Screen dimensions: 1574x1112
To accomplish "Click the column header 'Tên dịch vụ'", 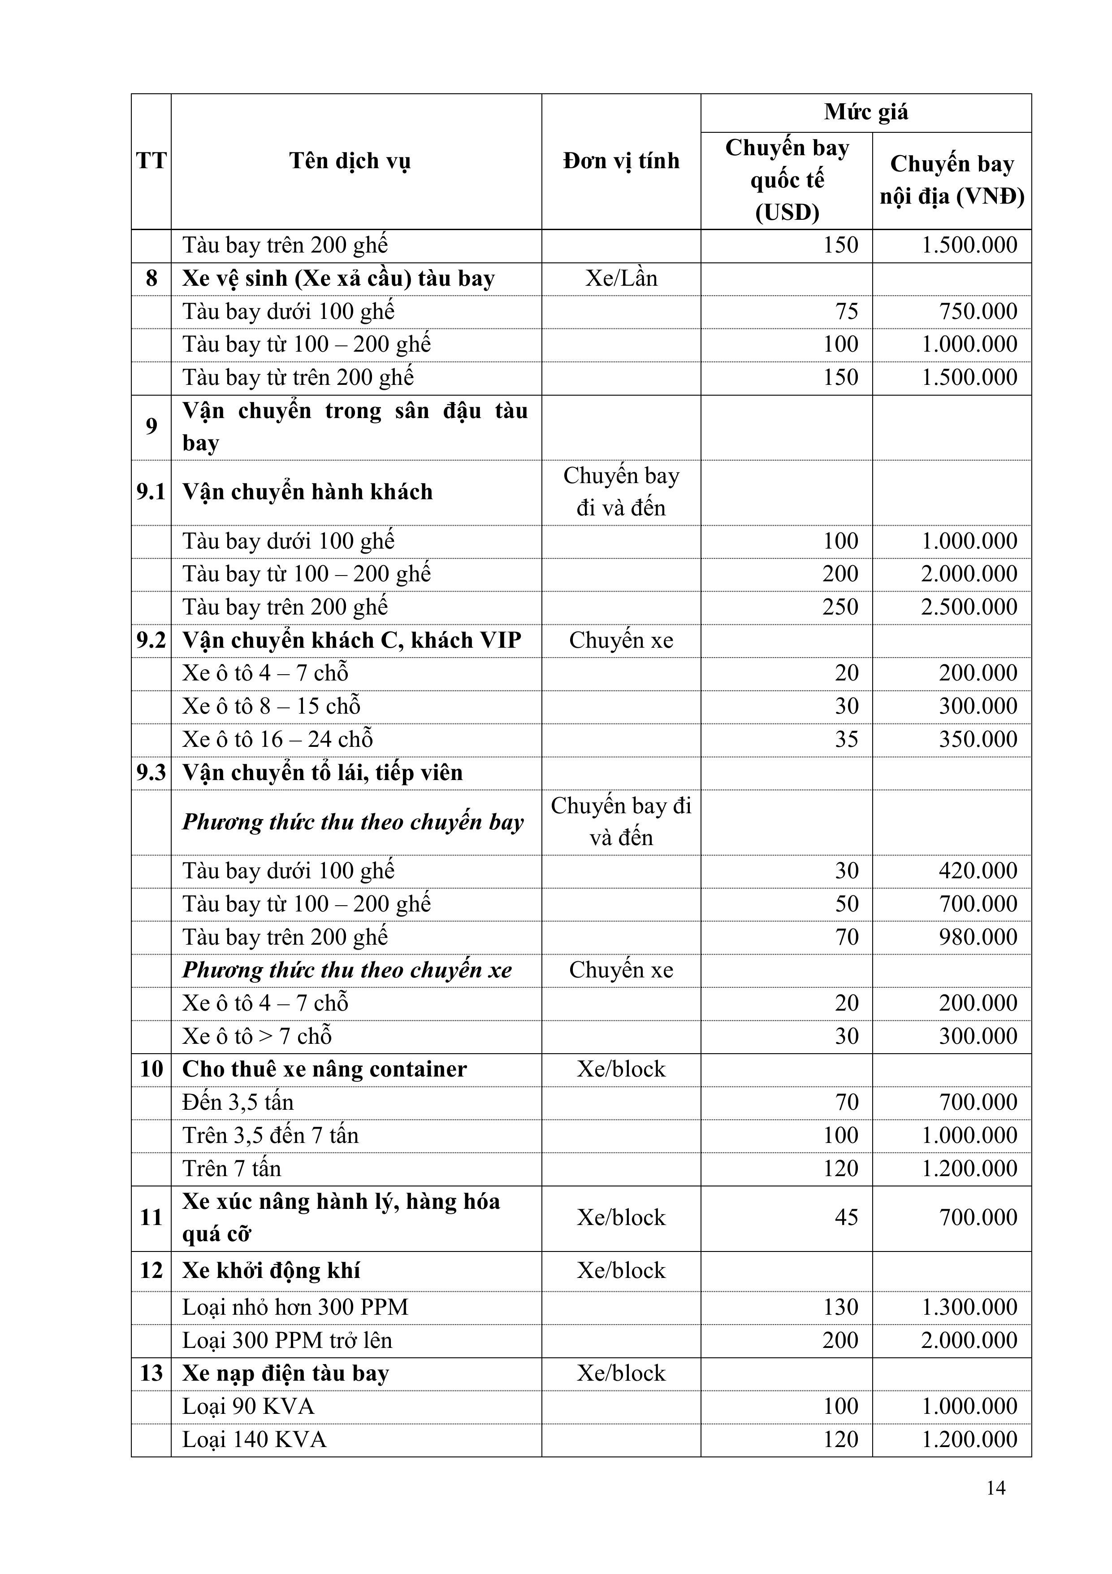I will [350, 161].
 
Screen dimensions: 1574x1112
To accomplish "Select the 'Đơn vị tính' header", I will [621, 161].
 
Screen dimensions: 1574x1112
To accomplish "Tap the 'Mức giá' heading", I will [865, 112].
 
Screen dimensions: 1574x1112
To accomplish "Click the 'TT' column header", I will [151, 161].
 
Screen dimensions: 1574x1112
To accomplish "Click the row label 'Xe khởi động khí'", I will [271, 1270].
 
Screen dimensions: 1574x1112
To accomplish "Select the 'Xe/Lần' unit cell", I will [621, 278].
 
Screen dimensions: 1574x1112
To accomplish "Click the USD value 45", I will [846, 1217].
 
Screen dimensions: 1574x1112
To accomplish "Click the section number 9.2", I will [151, 640].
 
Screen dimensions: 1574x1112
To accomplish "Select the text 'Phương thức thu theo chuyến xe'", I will [346, 970].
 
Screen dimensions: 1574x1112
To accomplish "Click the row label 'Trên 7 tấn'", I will [232, 1168].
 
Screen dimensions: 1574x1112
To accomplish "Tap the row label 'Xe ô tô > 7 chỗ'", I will [257, 1036].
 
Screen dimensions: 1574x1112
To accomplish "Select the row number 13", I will [151, 1373].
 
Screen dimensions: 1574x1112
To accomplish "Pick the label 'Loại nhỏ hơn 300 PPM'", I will [295, 1307].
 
